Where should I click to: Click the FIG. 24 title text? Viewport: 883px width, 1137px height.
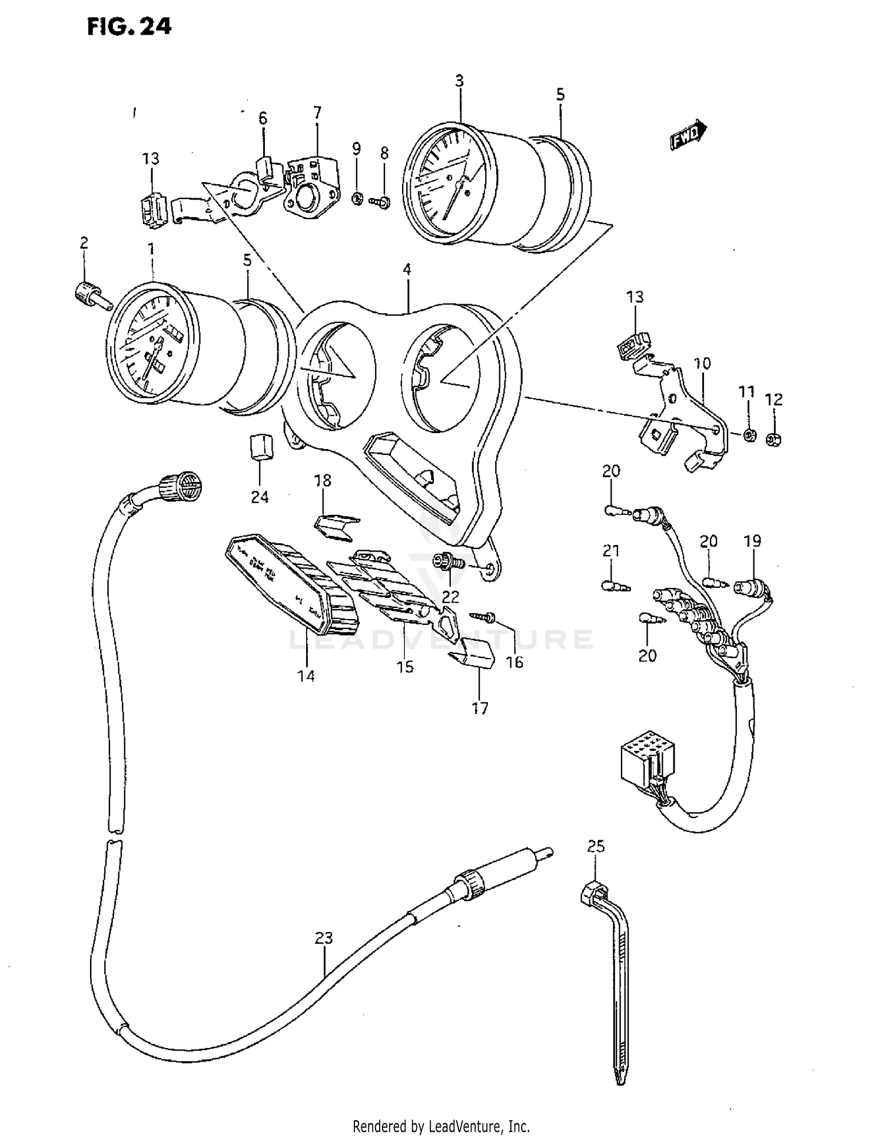(x=129, y=26)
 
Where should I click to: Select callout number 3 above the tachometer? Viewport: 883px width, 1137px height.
(x=459, y=81)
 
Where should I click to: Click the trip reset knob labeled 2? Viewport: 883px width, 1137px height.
(x=90, y=293)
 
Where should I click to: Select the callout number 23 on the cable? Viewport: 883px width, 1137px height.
(x=324, y=937)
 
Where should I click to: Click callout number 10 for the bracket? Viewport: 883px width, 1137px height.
(x=702, y=363)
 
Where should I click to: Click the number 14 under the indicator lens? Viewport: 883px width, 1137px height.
(x=306, y=676)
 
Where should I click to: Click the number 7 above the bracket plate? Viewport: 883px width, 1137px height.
(x=317, y=112)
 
